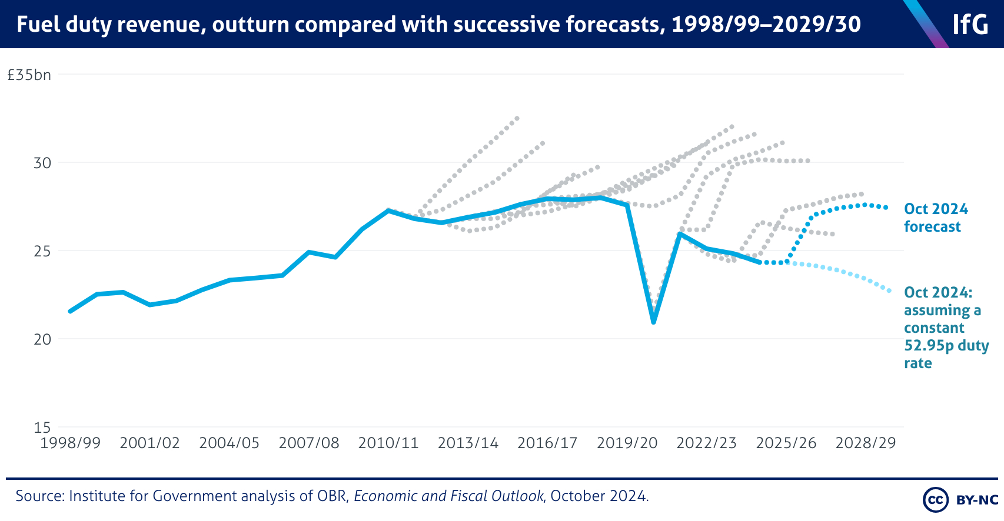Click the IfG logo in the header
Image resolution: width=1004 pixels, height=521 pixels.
point(970,25)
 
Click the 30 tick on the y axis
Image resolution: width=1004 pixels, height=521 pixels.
point(42,163)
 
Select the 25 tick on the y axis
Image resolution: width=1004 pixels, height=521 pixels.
point(42,251)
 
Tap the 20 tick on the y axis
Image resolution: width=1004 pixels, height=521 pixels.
point(42,339)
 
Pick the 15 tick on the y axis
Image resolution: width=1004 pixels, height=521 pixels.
point(42,428)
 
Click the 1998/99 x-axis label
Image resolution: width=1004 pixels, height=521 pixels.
point(70,443)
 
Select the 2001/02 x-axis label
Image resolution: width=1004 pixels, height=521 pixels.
point(149,443)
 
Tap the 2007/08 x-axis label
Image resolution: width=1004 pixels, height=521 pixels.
point(309,443)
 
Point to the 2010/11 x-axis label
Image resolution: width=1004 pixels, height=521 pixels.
point(388,443)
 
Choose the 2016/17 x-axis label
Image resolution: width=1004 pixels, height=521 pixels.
point(547,443)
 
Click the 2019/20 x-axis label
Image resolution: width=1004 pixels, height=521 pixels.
point(627,443)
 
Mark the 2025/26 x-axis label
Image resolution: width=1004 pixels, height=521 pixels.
point(786,443)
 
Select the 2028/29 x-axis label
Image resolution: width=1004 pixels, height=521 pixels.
point(866,443)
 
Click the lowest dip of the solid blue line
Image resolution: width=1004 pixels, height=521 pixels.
point(653,322)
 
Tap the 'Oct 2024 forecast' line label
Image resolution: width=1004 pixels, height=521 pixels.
point(936,218)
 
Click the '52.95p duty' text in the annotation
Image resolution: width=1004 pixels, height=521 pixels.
point(946,345)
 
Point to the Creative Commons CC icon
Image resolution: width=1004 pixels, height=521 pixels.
point(935,500)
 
